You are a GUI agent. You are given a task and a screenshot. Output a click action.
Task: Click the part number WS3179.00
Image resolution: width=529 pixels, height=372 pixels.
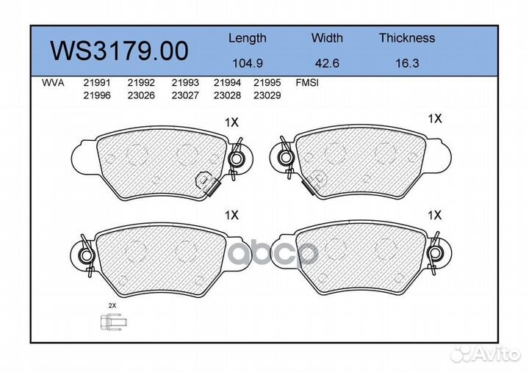pos(119,51)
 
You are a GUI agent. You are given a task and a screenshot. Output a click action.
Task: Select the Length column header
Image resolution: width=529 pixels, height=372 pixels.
pos(248,38)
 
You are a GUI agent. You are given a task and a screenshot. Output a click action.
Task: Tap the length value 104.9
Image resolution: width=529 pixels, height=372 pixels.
pos(248,63)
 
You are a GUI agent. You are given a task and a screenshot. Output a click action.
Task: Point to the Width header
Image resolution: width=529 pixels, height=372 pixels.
pos(327,37)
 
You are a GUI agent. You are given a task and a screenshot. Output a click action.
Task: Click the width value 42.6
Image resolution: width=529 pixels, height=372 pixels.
pos(327,63)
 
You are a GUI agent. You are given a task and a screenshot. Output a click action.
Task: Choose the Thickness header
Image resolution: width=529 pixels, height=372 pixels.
pos(407,37)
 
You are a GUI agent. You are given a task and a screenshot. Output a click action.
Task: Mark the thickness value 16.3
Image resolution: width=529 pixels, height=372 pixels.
pos(407,63)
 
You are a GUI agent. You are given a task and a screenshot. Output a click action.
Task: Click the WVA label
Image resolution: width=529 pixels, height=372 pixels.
pos(53,83)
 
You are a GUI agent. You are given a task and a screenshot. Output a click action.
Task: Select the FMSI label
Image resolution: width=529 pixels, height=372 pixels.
pos(307,83)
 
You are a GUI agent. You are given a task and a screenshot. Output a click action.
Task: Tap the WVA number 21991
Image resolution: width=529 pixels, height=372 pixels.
pos(97,83)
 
